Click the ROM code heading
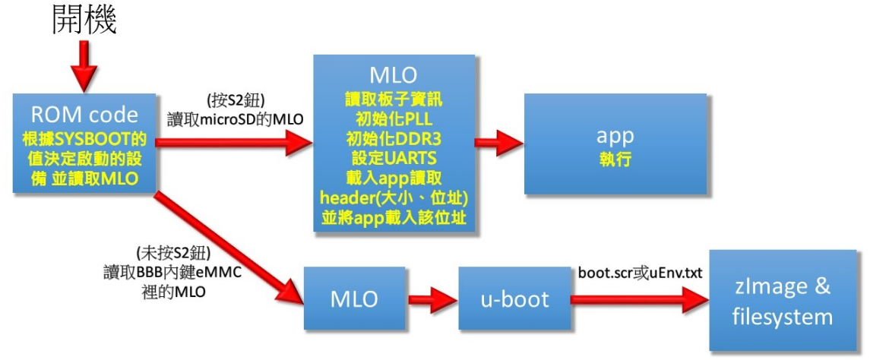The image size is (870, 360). click(84, 115)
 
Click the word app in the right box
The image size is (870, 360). click(616, 136)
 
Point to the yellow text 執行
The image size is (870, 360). click(616, 161)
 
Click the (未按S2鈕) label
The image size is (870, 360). click(171, 252)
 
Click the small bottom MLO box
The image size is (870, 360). click(353, 299)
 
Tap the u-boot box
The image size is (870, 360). click(514, 299)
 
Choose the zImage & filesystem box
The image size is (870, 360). click(782, 301)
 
